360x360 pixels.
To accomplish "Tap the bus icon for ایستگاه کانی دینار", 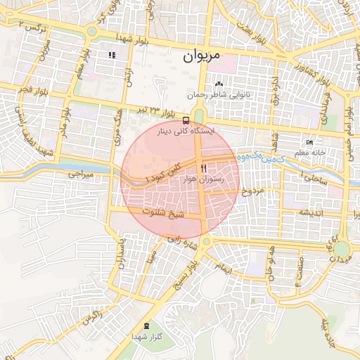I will [x=186, y=120].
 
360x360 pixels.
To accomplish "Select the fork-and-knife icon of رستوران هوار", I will [x=204, y=168].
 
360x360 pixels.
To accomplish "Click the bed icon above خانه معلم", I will [x=309, y=142].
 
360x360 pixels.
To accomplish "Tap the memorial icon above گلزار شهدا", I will [x=146, y=326].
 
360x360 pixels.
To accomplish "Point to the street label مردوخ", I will [x=252, y=191].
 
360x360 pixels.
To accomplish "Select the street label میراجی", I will [x=82, y=173].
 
